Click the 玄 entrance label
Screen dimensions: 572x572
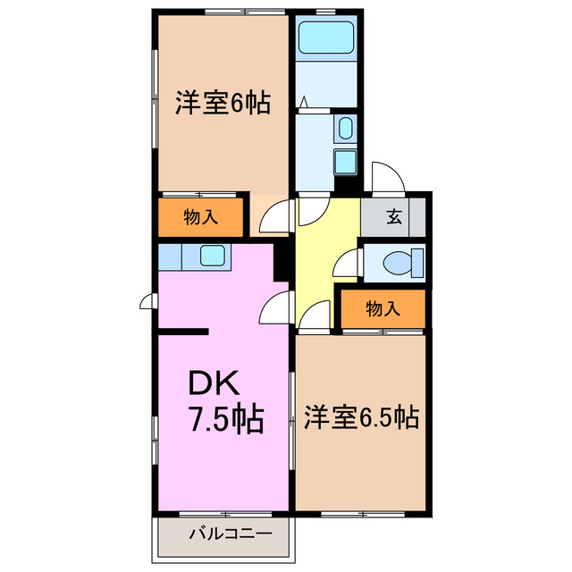(x=394, y=215)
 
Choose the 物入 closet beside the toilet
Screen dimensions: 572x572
(x=383, y=309)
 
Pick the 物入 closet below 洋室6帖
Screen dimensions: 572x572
(x=201, y=216)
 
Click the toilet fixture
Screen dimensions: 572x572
(x=399, y=264)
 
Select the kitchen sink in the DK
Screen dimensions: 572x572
(x=214, y=257)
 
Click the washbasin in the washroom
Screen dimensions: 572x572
(x=346, y=129)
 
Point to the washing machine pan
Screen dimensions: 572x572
(x=345, y=162)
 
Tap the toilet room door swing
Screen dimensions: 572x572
(x=348, y=264)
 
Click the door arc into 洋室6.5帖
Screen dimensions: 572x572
(x=315, y=315)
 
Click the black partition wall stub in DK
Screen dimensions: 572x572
(x=184, y=332)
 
